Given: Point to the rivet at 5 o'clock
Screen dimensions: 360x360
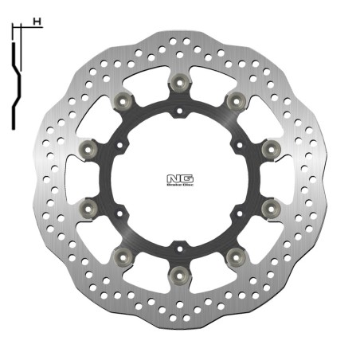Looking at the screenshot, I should click(236, 254).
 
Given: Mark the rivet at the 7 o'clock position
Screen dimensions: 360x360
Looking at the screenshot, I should click(122, 254).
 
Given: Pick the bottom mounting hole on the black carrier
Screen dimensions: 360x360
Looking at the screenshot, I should click(179, 243).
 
